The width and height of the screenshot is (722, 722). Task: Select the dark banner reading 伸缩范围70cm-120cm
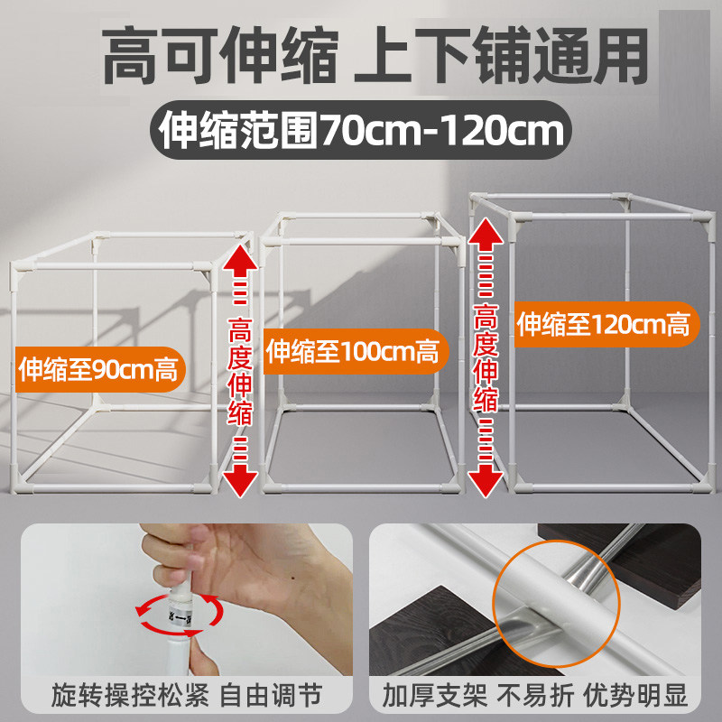360,131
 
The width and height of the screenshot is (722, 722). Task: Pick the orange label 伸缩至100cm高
353,350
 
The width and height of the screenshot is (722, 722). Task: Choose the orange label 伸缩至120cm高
603,323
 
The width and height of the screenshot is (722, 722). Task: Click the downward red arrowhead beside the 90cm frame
240,481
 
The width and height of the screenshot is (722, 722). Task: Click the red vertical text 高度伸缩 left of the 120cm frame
486,356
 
